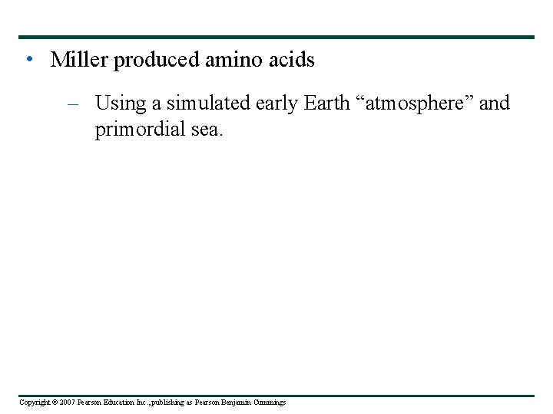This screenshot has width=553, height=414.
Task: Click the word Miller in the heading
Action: click(x=79, y=60)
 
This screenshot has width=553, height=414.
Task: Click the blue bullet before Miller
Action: click(x=28, y=60)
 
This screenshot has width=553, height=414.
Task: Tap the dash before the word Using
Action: click(x=73, y=103)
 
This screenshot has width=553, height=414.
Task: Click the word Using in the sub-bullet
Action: click(x=118, y=103)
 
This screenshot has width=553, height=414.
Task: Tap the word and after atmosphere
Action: click(x=495, y=103)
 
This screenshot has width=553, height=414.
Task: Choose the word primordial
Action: click(x=142, y=130)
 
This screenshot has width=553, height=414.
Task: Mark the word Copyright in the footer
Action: click(x=35, y=402)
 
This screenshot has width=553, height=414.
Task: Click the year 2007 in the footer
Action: click(x=66, y=402)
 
